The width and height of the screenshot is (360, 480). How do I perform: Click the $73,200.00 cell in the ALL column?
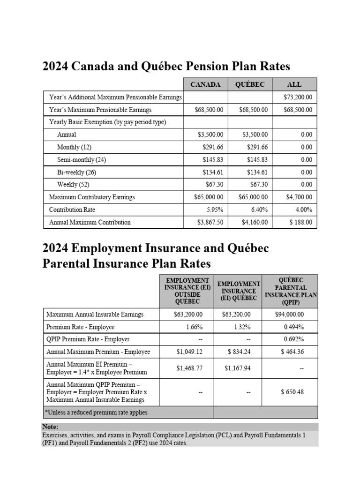[x=298, y=97]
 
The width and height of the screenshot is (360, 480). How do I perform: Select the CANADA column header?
[x=205, y=85]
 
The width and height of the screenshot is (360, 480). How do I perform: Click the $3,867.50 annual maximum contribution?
[x=210, y=222]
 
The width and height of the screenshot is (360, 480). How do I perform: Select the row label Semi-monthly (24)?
[x=82, y=160]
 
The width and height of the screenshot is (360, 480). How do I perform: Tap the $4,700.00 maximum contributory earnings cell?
[x=298, y=197]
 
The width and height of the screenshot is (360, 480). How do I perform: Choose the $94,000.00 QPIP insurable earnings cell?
[x=289, y=315]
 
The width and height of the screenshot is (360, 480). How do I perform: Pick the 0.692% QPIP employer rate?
[x=293, y=339]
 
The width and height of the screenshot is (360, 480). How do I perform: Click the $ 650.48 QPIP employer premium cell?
[x=292, y=391]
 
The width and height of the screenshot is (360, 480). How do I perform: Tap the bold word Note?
[x=50, y=427]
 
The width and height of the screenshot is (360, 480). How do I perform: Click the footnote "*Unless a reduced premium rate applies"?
[x=96, y=412]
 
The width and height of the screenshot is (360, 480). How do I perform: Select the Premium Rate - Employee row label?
[x=80, y=327]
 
